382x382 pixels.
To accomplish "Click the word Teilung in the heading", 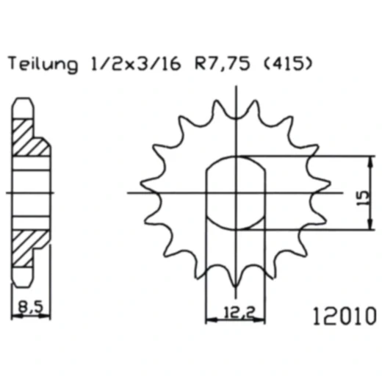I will click(x=43, y=65).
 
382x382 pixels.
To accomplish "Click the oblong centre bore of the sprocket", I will click(x=235, y=193).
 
